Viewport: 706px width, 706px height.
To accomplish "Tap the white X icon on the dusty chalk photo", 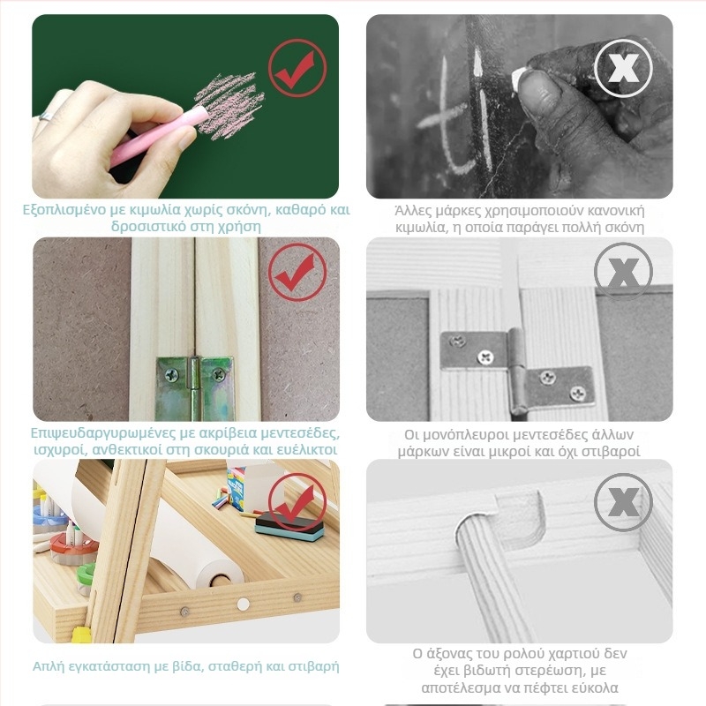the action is (x=623, y=68).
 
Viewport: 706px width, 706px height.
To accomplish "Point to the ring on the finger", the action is (x=46, y=116).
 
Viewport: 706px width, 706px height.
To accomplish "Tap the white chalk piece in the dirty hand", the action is (x=518, y=78).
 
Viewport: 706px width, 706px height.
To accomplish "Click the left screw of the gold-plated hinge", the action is (x=171, y=374).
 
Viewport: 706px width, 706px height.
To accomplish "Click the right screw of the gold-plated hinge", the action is (x=219, y=373).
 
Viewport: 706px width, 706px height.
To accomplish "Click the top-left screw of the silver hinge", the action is (x=458, y=342).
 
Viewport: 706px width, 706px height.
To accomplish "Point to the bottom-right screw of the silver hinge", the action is (x=577, y=394).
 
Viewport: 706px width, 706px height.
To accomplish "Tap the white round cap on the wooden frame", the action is (x=244, y=605).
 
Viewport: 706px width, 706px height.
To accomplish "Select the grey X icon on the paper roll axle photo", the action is (x=623, y=502).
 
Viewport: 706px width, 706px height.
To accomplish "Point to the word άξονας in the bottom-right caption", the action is (x=451, y=653).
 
